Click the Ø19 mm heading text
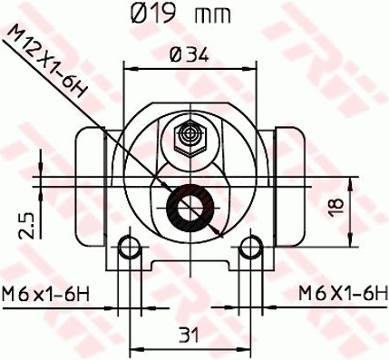coord(180,14)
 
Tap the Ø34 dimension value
coord(190,54)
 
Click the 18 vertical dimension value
coord(336,208)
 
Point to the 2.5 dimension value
coord(25,226)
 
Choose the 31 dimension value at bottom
coord(189,335)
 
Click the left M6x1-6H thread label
coord(45,294)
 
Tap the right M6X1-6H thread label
coord(343,293)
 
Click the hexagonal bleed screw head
coord(190,139)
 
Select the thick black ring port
coord(190,208)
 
